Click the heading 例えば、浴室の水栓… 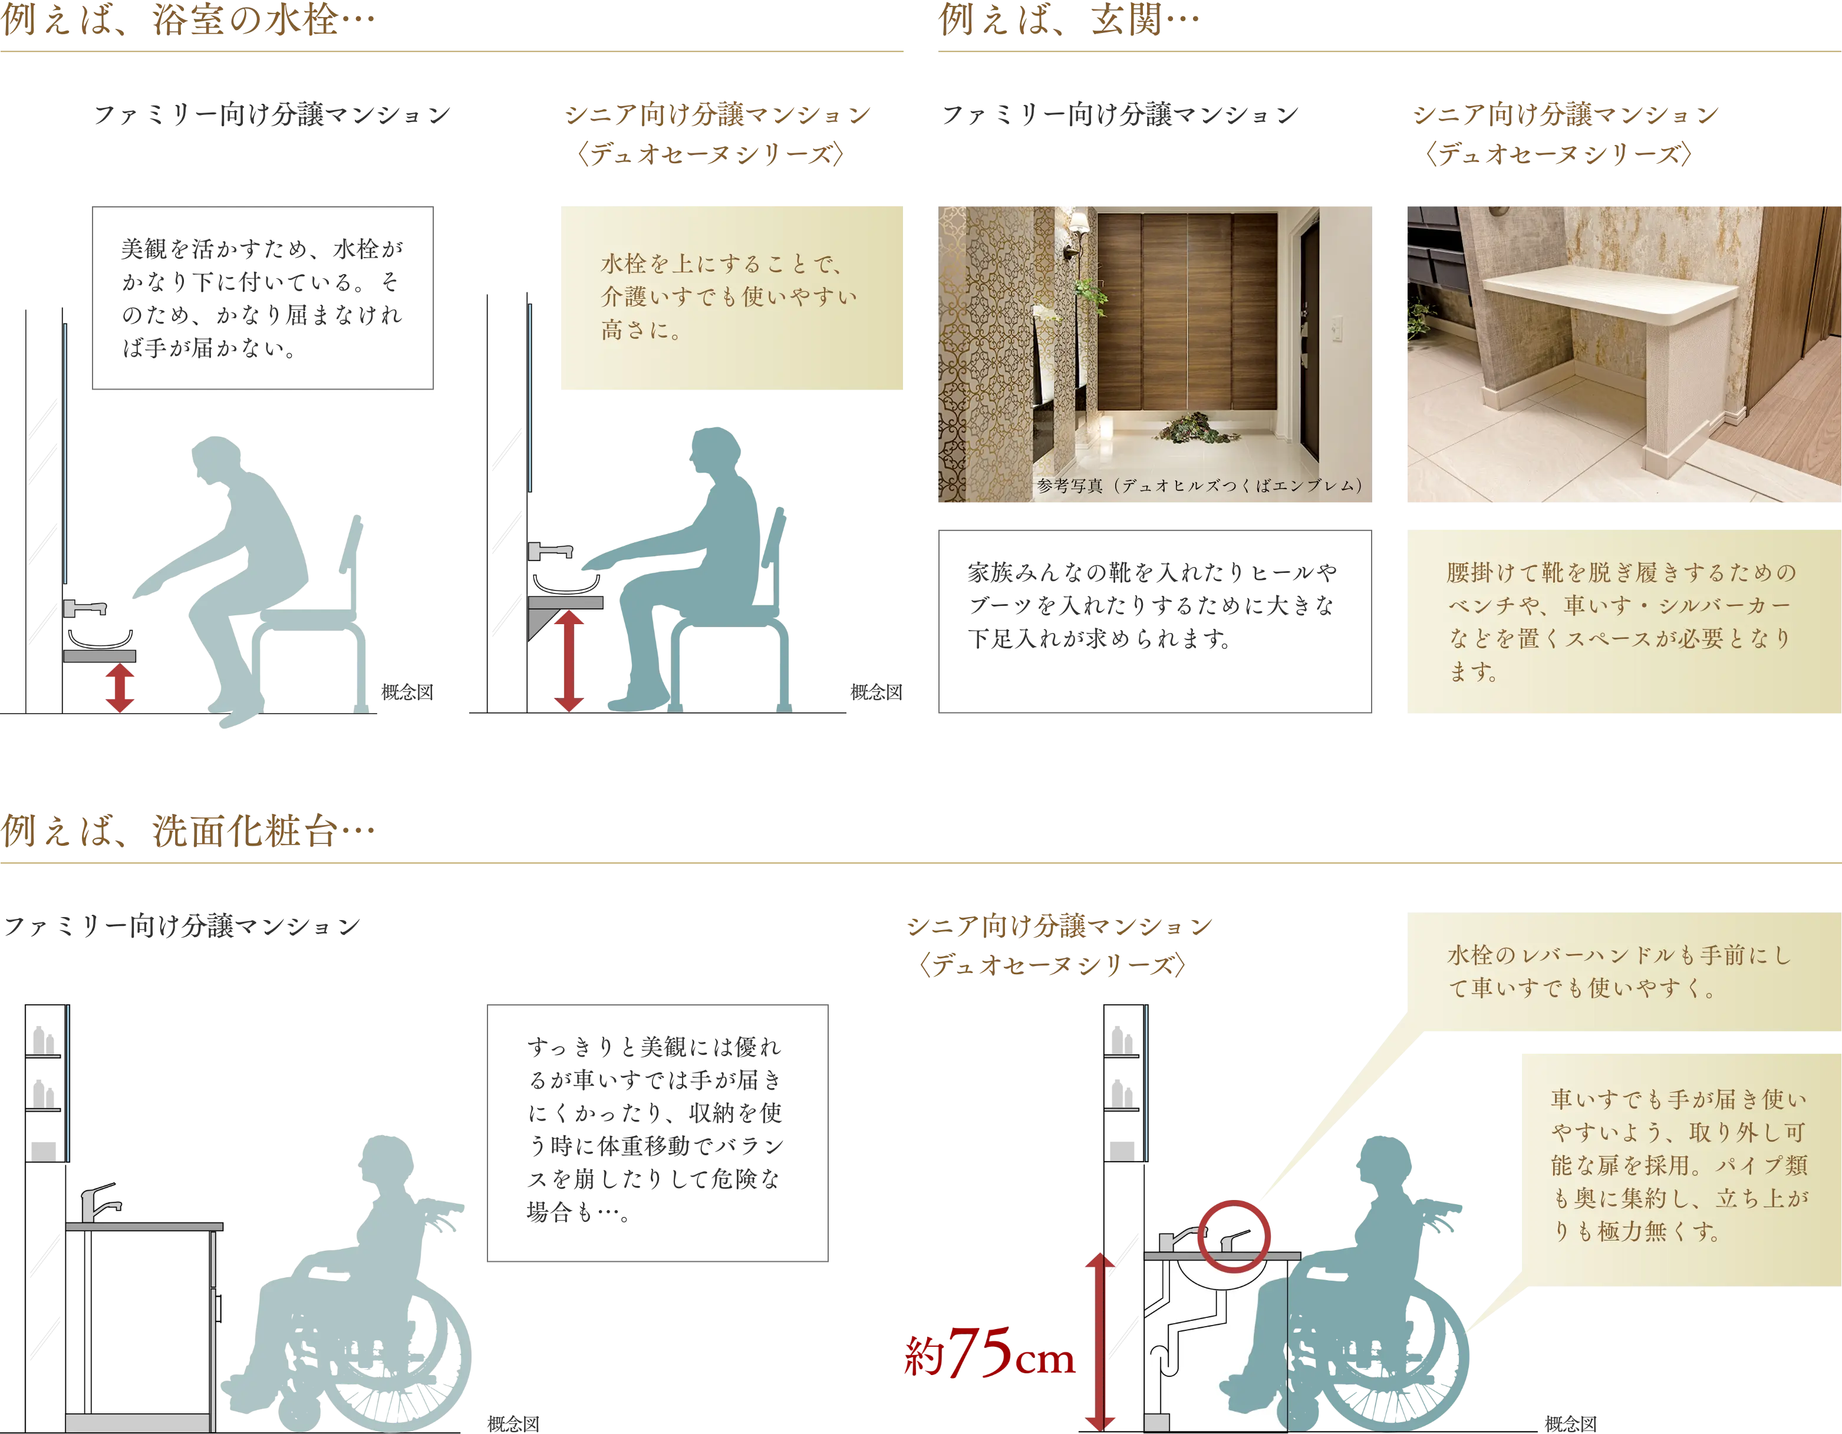pyautogui.click(x=188, y=18)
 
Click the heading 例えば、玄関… pyautogui.click(x=1069, y=18)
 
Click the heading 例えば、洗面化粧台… pyautogui.click(x=188, y=831)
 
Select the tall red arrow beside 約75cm pyautogui.click(x=1100, y=1342)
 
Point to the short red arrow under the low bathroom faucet pyautogui.click(x=120, y=687)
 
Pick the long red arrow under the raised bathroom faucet pyautogui.click(x=569, y=661)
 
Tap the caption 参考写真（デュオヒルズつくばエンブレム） pyautogui.click(x=1200, y=486)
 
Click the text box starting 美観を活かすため pyautogui.click(x=262, y=298)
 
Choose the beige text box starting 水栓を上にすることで pyautogui.click(x=731, y=298)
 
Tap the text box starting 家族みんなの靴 pyautogui.click(x=1155, y=622)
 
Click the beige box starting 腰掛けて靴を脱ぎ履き pyautogui.click(x=1623, y=622)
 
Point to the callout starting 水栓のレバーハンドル pyautogui.click(x=1623, y=972)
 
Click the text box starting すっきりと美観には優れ pyautogui.click(x=657, y=1133)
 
